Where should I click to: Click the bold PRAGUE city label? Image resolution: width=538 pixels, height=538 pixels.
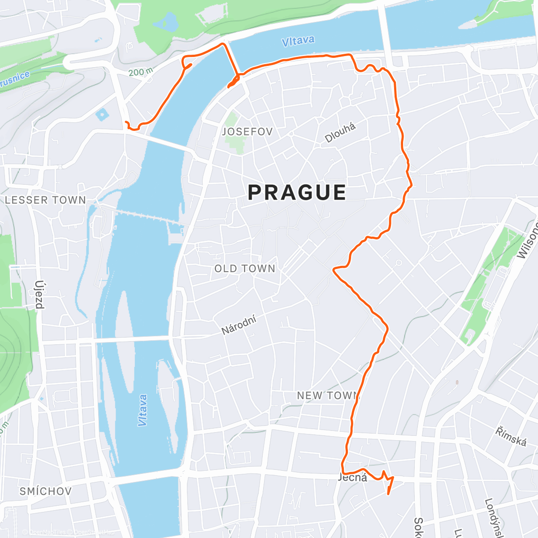point(297,192)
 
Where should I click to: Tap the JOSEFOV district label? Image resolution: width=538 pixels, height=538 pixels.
point(247,132)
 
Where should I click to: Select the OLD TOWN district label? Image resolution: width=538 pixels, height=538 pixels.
point(245,269)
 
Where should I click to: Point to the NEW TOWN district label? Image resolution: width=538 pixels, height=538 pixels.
point(329,395)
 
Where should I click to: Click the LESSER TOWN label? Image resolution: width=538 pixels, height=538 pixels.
point(45,200)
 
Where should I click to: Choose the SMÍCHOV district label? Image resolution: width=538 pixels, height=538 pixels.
point(45,491)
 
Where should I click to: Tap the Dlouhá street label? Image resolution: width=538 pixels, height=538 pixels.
point(341,133)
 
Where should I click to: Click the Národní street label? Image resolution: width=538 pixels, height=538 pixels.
point(239,325)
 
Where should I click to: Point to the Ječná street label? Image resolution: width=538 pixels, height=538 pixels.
point(352,477)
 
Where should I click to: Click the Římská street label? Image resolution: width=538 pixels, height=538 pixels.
point(511,437)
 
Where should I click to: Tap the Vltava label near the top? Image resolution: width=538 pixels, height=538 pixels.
point(298,41)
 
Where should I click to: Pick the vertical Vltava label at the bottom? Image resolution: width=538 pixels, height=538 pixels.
point(143,410)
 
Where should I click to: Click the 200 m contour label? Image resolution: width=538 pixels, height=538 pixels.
point(140,72)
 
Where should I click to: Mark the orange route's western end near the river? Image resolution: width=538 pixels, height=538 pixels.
point(126,122)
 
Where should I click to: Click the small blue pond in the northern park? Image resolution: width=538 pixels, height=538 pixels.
point(169,20)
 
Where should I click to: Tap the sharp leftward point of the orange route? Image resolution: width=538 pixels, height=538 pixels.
point(334,269)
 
